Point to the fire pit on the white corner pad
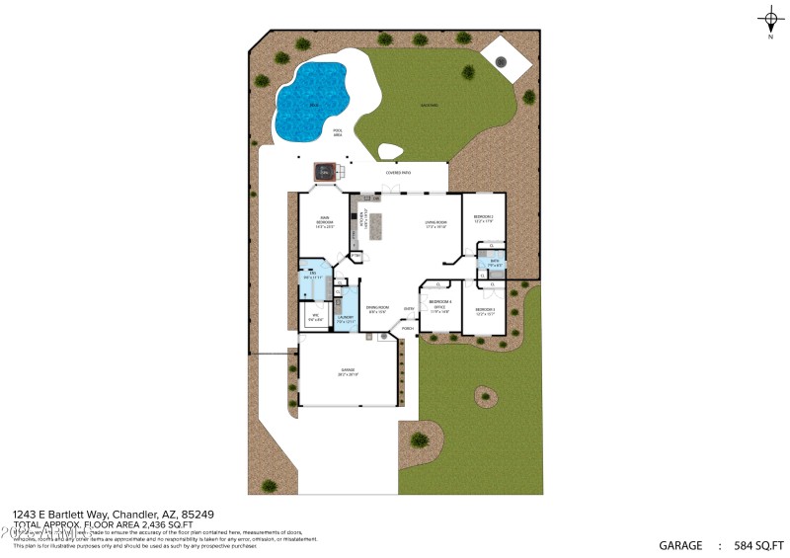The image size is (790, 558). tap(501, 61)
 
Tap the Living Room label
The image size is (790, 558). tap(436, 224)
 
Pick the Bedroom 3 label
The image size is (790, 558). tap(483, 311)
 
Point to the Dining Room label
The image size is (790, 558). tap(376, 309)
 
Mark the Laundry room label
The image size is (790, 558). tap(346, 319)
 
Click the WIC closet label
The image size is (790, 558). tap(313, 317)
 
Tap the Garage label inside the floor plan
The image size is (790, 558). tap(347, 372)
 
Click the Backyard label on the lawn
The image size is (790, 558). tap(430, 105)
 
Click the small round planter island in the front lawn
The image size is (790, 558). tap(484, 397)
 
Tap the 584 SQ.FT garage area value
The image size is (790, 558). tap(761, 545)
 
